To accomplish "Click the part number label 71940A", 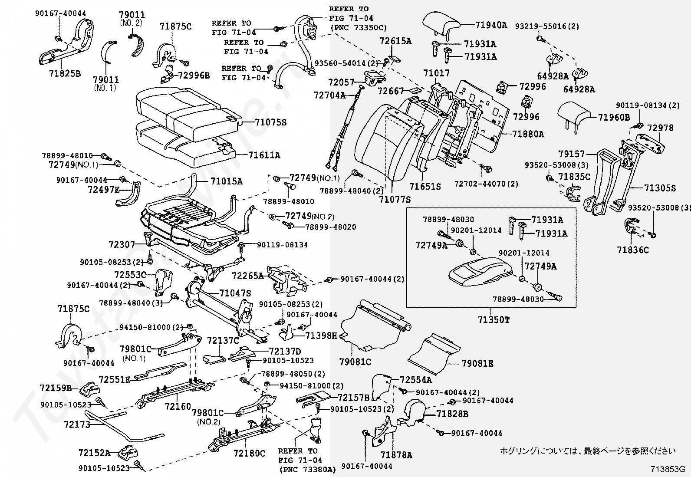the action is click(x=491, y=25).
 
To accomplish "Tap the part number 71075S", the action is click(x=270, y=122).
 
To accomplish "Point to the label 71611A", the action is click(x=264, y=155).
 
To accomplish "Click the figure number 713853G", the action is click(x=668, y=469).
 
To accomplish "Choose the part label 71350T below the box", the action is click(x=494, y=319).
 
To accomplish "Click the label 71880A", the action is click(x=528, y=134).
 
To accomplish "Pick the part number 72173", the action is click(x=77, y=424).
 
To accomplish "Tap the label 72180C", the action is click(x=249, y=453).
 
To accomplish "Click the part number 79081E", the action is click(x=477, y=363).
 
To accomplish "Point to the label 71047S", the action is click(x=235, y=293).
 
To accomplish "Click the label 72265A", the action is click(x=248, y=276).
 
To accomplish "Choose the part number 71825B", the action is click(x=65, y=73).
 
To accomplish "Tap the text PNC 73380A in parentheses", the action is click(x=308, y=470).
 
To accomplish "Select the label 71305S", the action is click(x=660, y=188).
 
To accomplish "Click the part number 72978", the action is click(x=660, y=128).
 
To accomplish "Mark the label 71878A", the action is click(x=396, y=455).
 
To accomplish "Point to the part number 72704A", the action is click(x=329, y=95).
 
